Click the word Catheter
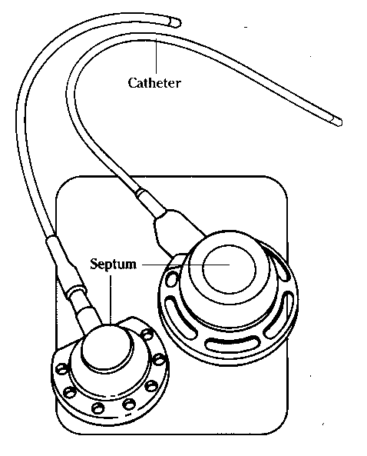(x=154, y=83)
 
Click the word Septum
(x=113, y=265)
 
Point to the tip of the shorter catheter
(x=176, y=22)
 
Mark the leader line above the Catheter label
(x=156, y=56)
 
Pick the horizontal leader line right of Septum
(x=186, y=265)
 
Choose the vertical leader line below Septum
(x=111, y=300)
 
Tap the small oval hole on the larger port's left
(x=172, y=279)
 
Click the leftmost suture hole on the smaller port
(x=61, y=369)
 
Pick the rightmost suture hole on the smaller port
(x=159, y=360)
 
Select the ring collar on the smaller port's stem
(x=77, y=292)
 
